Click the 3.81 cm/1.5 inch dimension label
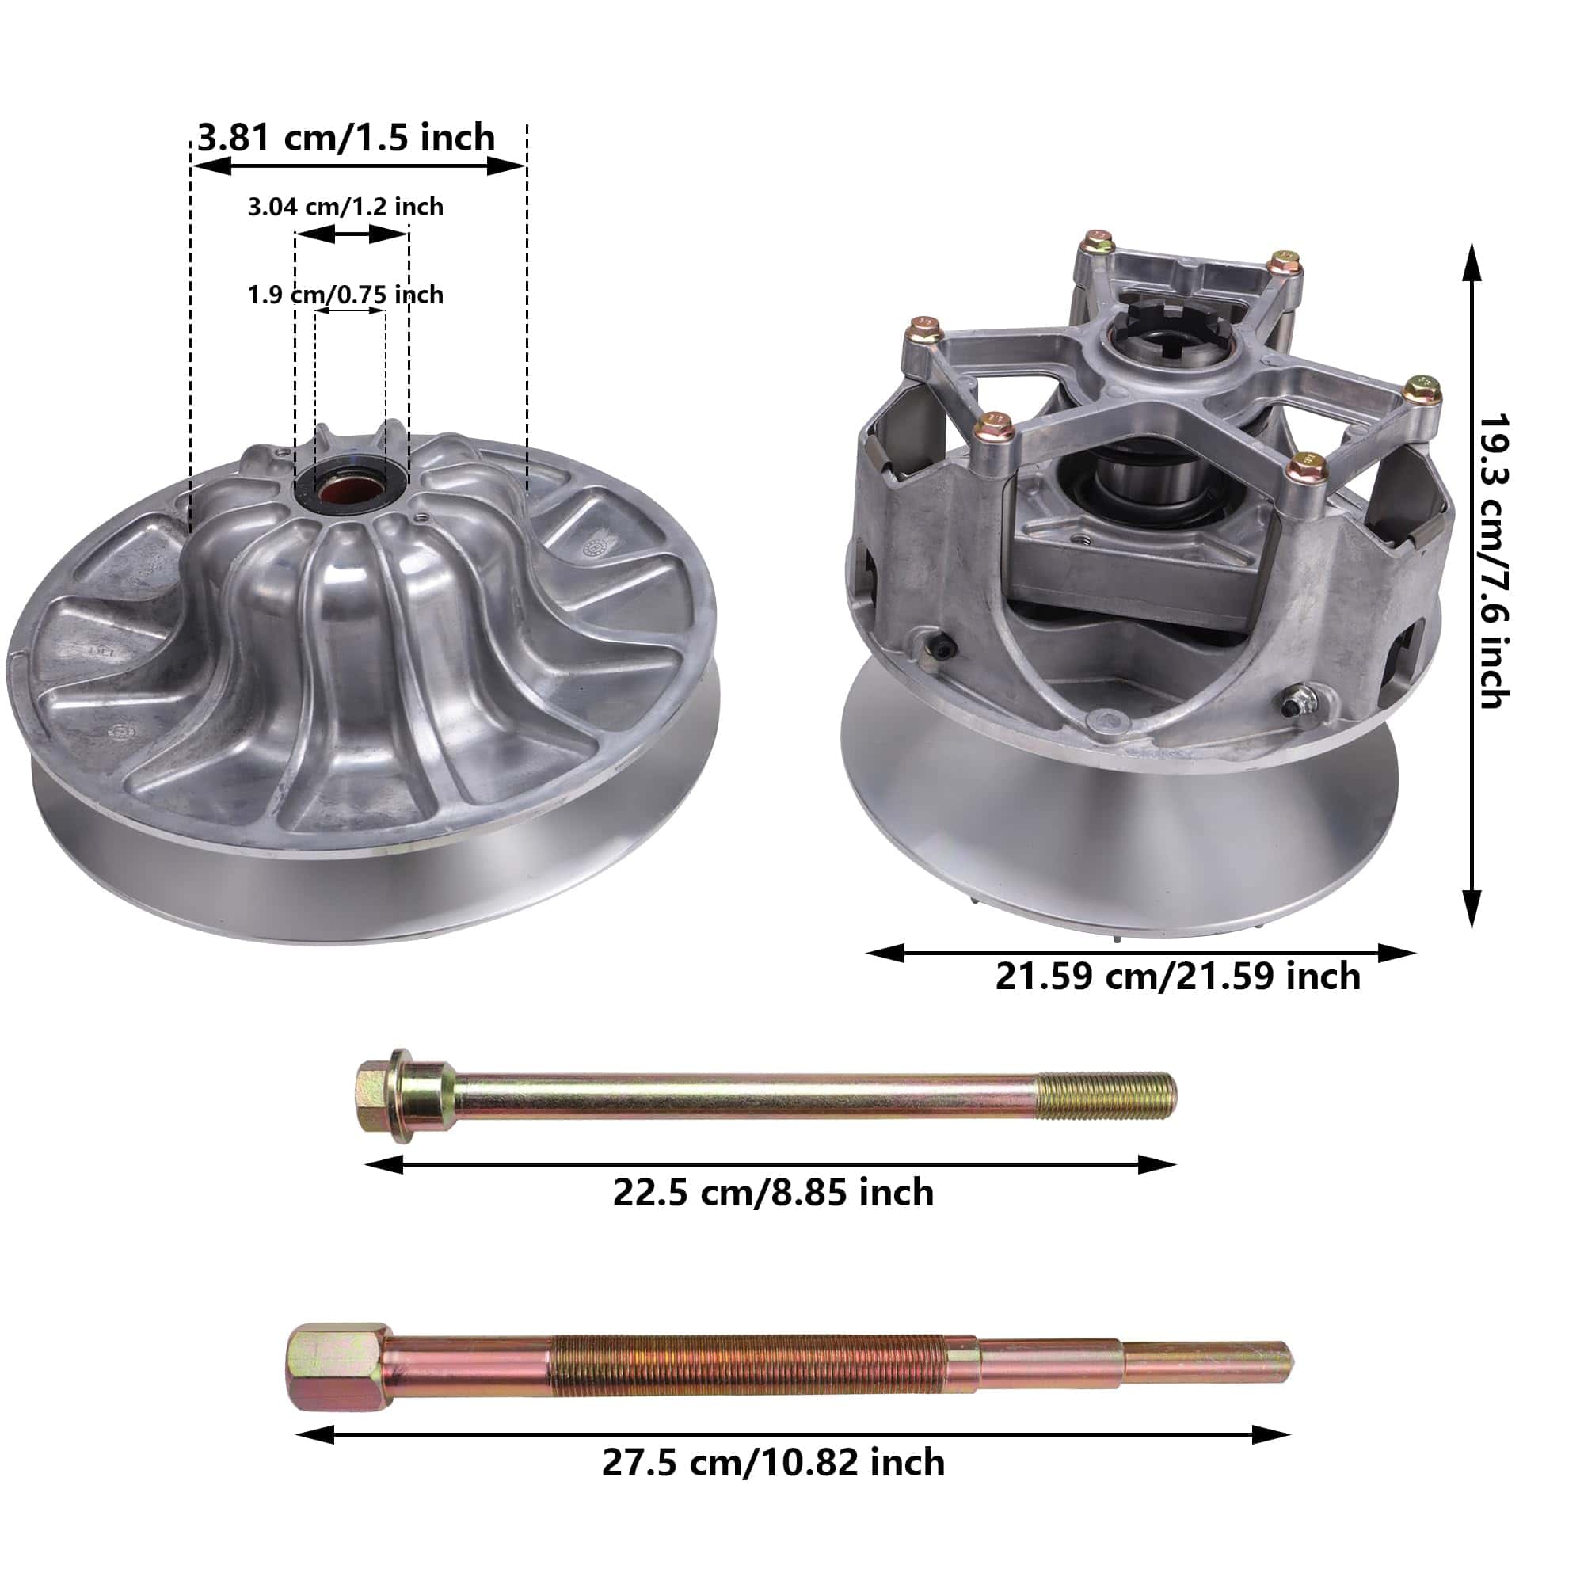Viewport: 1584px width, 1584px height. (x=346, y=137)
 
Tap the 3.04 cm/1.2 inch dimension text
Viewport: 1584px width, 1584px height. (x=345, y=207)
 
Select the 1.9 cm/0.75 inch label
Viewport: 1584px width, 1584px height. (x=345, y=295)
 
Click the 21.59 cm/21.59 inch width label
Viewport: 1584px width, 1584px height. (x=1178, y=977)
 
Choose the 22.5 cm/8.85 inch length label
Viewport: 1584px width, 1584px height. (x=773, y=1193)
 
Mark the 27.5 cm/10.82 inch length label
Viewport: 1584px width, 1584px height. (x=773, y=1463)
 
